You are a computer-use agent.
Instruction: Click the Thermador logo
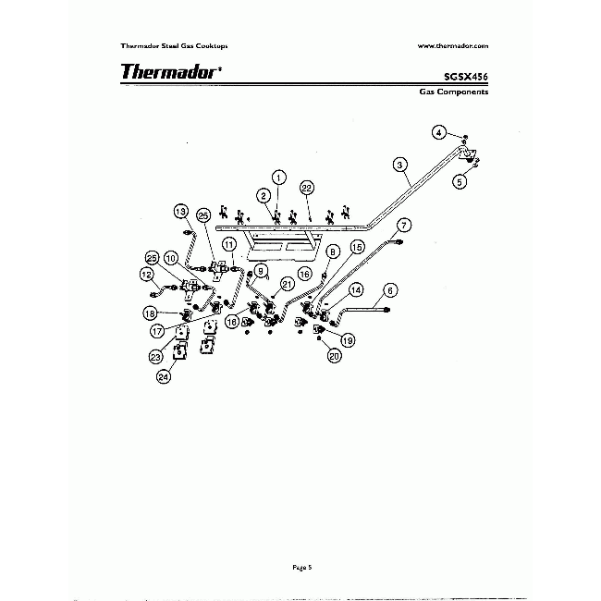point(170,71)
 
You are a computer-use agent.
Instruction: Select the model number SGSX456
point(467,78)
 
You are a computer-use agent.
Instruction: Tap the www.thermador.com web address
point(453,44)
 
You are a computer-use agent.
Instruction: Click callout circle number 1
point(278,177)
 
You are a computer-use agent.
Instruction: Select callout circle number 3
point(399,165)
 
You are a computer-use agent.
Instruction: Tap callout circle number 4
point(440,131)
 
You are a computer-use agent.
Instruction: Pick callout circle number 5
point(459,182)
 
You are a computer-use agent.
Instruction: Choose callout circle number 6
point(389,289)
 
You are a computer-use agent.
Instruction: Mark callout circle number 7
point(403,225)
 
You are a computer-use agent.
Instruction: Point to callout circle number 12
point(146,274)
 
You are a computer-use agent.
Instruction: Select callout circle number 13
point(181,212)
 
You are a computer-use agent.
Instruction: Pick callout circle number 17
point(158,330)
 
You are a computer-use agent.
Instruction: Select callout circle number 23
point(155,356)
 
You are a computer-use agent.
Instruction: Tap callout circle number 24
point(164,375)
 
